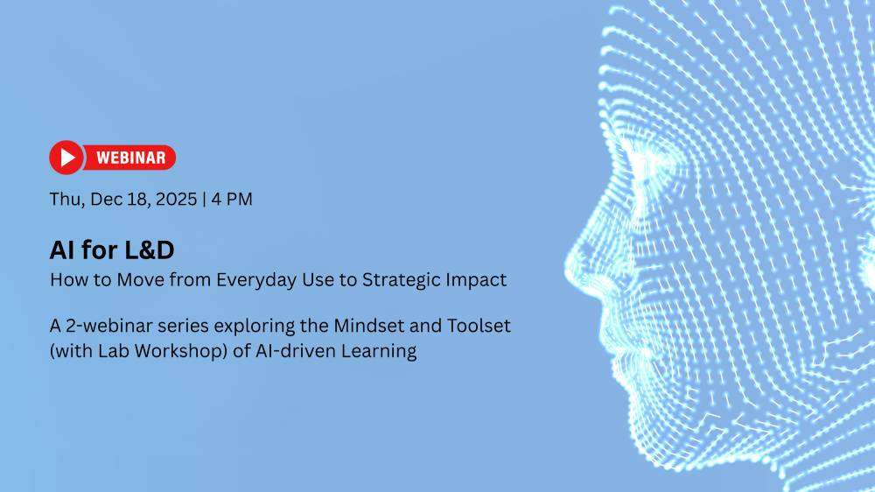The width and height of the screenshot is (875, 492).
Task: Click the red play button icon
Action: click(66, 158)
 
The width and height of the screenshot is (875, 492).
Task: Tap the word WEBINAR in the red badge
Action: click(131, 158)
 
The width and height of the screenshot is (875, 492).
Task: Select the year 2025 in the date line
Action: click(177, 200)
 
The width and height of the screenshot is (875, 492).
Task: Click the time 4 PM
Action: click(232, 200)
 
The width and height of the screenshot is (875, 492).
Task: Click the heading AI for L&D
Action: click(112, 250)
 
